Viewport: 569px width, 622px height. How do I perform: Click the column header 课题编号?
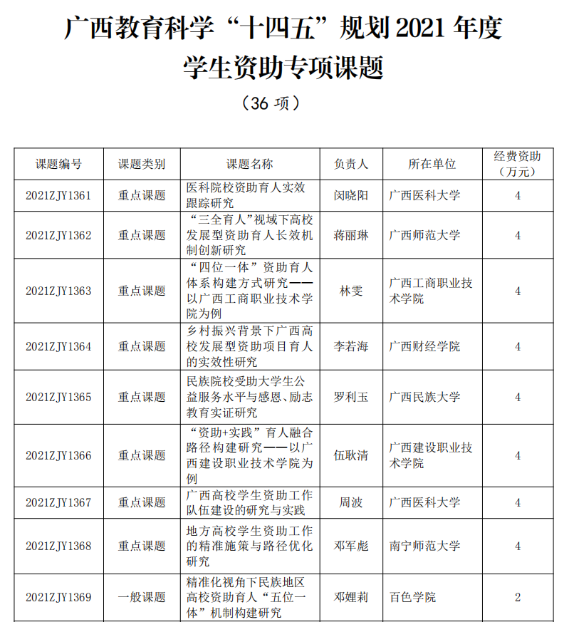tap(58, 164)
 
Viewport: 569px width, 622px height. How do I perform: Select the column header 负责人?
tap(351, 164)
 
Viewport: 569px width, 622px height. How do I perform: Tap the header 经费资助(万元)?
tap(518, 164)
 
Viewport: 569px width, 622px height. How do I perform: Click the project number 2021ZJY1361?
tap(58, 195)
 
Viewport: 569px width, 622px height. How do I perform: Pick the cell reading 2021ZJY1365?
tap(58, 397)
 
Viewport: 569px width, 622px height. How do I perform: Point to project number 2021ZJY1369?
tap(58, 597)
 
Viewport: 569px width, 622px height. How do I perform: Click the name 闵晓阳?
tap(351, 195)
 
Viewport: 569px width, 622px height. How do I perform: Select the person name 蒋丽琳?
tap(351, 235)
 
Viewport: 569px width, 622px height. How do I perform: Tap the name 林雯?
tap(351, 291)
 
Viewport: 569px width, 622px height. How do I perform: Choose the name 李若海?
tap(351, 346)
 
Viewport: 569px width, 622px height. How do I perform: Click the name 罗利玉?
tap(351, 397)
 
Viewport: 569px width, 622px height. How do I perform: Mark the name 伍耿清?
tap(351, 455)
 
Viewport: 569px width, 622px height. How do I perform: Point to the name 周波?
tap(351, 502)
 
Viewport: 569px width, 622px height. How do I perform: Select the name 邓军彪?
tap(351, 546)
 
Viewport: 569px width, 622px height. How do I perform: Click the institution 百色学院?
tap(413, 597)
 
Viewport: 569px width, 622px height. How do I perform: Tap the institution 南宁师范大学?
tap(425, 546)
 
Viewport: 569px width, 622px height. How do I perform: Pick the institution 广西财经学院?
tap(425, 346)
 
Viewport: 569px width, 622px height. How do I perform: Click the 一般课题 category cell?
tap(142, 597)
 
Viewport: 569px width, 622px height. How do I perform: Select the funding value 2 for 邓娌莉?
tap(518, 597)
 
